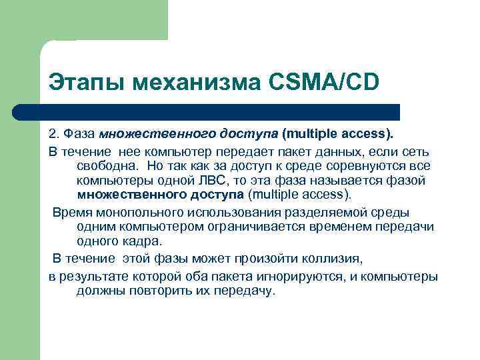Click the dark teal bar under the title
(x=220, y=111)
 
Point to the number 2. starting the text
(x=53, y=133)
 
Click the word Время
(x=71, y=212)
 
